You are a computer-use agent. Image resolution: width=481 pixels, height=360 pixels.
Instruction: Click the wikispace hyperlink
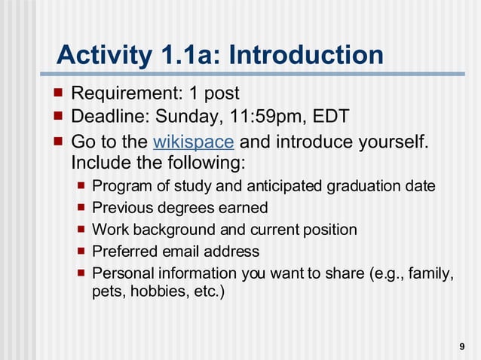tap(193, 142)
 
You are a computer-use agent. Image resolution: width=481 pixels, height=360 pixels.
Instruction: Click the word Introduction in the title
tap(305, 55)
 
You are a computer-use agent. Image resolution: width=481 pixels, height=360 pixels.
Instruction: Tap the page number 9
tap(461, 346)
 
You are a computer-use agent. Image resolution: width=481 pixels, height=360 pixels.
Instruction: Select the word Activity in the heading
tap(102, 55)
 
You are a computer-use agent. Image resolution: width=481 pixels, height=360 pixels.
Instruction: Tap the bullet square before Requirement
tap(58, 93)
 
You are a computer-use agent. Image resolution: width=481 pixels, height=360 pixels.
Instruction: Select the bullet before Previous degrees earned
tap(81, 207)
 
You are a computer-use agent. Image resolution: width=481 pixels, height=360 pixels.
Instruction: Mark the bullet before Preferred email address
tap(81, 251)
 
